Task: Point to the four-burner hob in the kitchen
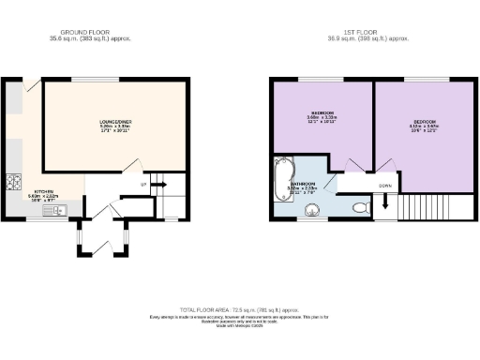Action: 14,183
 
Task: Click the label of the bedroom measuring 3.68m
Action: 322,118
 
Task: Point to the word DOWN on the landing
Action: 385,186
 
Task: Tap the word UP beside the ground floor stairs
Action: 142,185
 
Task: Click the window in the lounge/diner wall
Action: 90,79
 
